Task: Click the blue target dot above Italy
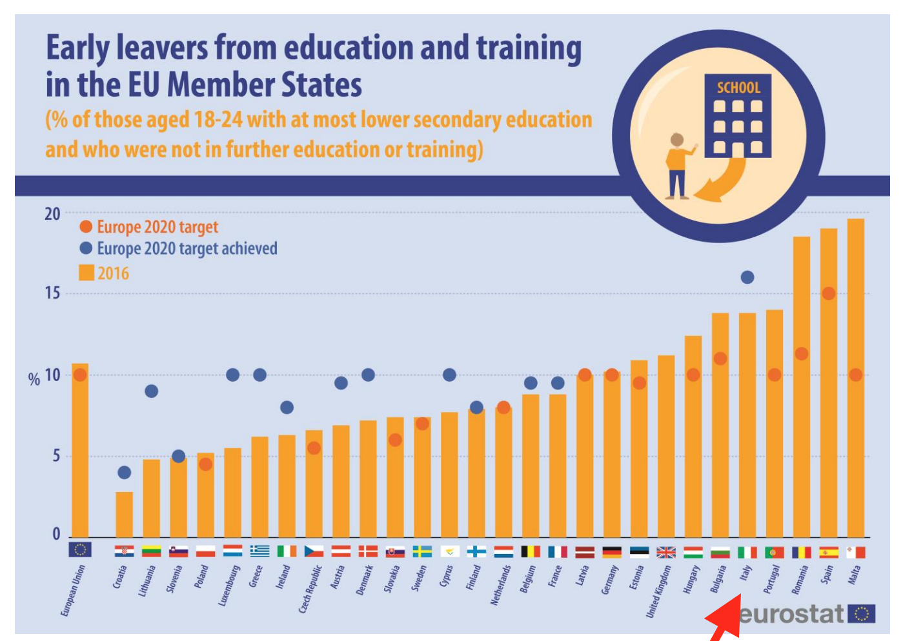coord(747,277)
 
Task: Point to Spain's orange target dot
coord(829,293)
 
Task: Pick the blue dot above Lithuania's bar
coord(152,391)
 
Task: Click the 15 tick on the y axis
coord(52,293)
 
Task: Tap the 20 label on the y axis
coord(52,214)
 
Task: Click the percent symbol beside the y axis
coord(34,379)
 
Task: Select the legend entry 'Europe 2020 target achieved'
coord(187,248)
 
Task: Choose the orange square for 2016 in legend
coord(86,273)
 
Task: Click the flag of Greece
coord(259,551)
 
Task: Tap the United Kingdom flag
coord(666,552)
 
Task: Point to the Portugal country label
coord(772,578)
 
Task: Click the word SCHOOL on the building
coord(738,88)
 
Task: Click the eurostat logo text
coord(791,614)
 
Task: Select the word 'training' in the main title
coord(529,49)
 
